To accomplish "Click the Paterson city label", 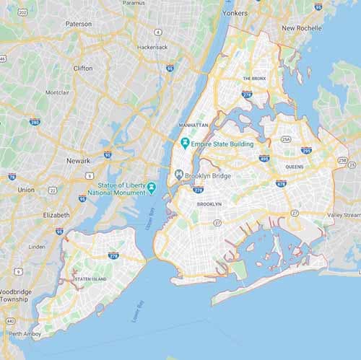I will pyautogui.click(x=79, y=24).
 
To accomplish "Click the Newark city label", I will pyautogui.click(x=78, y=161).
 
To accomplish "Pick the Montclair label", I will pyautogui.click(x=57, y=92).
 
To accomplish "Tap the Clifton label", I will pyautogui.click(x=83, y=68).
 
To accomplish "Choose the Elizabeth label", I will pyautogui.click(x=56, y=215).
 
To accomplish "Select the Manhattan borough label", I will pyautogui.click(x=193, y=125).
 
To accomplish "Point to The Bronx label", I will pyautogui.click(x=255, y=78).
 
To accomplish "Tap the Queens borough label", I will pyautogui.click(x=294, y=167).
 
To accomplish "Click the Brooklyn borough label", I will pyautogui.click(x=209, y=204).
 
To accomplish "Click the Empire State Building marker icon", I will pyautogui.click(x=185, y=144).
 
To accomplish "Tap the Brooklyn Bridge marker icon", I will pyautogui.click(x=178, y=174).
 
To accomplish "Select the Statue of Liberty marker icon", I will pyautogui.click(x=152, y=188).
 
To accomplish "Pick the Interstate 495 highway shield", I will pyautogui.click(x=264, y=158).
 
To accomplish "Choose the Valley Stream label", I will pyautogui.click(x=344, y=215).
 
